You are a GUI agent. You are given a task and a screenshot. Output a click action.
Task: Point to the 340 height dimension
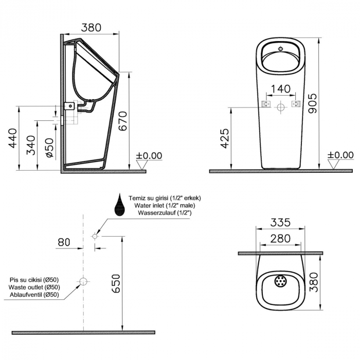[31, 145]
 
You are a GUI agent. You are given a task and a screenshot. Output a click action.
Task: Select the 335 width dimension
[280, 222]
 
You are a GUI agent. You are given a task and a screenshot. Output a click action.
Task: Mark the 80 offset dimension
[64, 242]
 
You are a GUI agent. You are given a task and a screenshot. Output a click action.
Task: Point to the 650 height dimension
[117, 283]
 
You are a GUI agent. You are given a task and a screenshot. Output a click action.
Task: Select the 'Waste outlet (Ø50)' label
[35, 287]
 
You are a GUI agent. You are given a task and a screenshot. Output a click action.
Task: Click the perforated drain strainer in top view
[280, 282]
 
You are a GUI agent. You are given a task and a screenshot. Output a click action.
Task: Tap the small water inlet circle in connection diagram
[95, 236]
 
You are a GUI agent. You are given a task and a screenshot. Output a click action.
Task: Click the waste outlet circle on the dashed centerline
[83, 281]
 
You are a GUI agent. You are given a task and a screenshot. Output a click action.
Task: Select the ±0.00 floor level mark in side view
[149, 156]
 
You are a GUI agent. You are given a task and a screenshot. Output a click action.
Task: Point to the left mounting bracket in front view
[266, 104]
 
